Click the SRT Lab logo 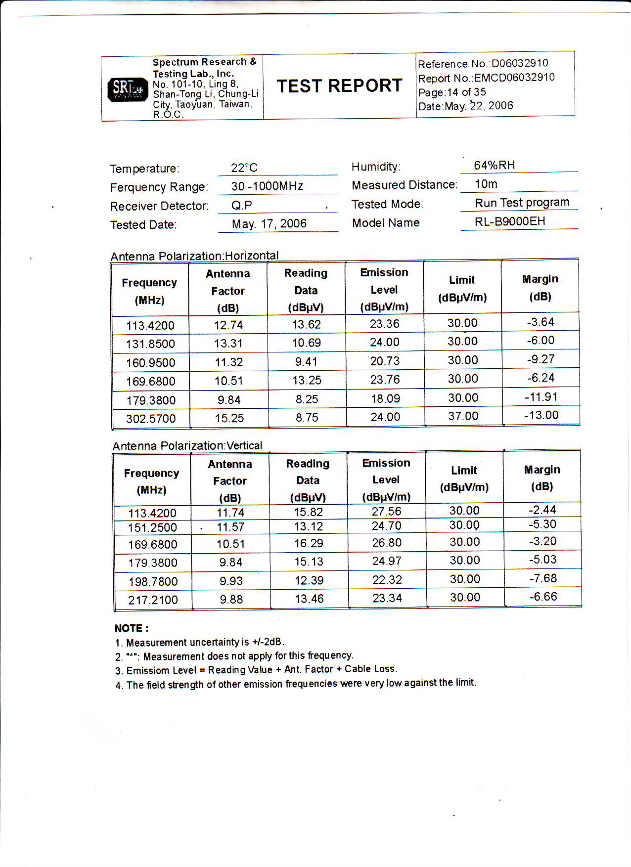128,89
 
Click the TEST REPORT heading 339,86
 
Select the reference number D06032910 520,63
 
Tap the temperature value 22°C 244,168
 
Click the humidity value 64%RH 494,166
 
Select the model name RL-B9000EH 510,221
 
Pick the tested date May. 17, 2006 269,224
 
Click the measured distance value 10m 486,184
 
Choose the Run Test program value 522,203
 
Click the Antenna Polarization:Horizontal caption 194,256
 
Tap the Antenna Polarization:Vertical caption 187,446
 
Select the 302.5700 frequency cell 151,419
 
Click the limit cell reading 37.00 463,416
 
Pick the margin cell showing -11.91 541,397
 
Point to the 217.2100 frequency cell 153,600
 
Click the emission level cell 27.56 386,512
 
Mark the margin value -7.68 543,578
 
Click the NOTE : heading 132,628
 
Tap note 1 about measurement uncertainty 200,643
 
